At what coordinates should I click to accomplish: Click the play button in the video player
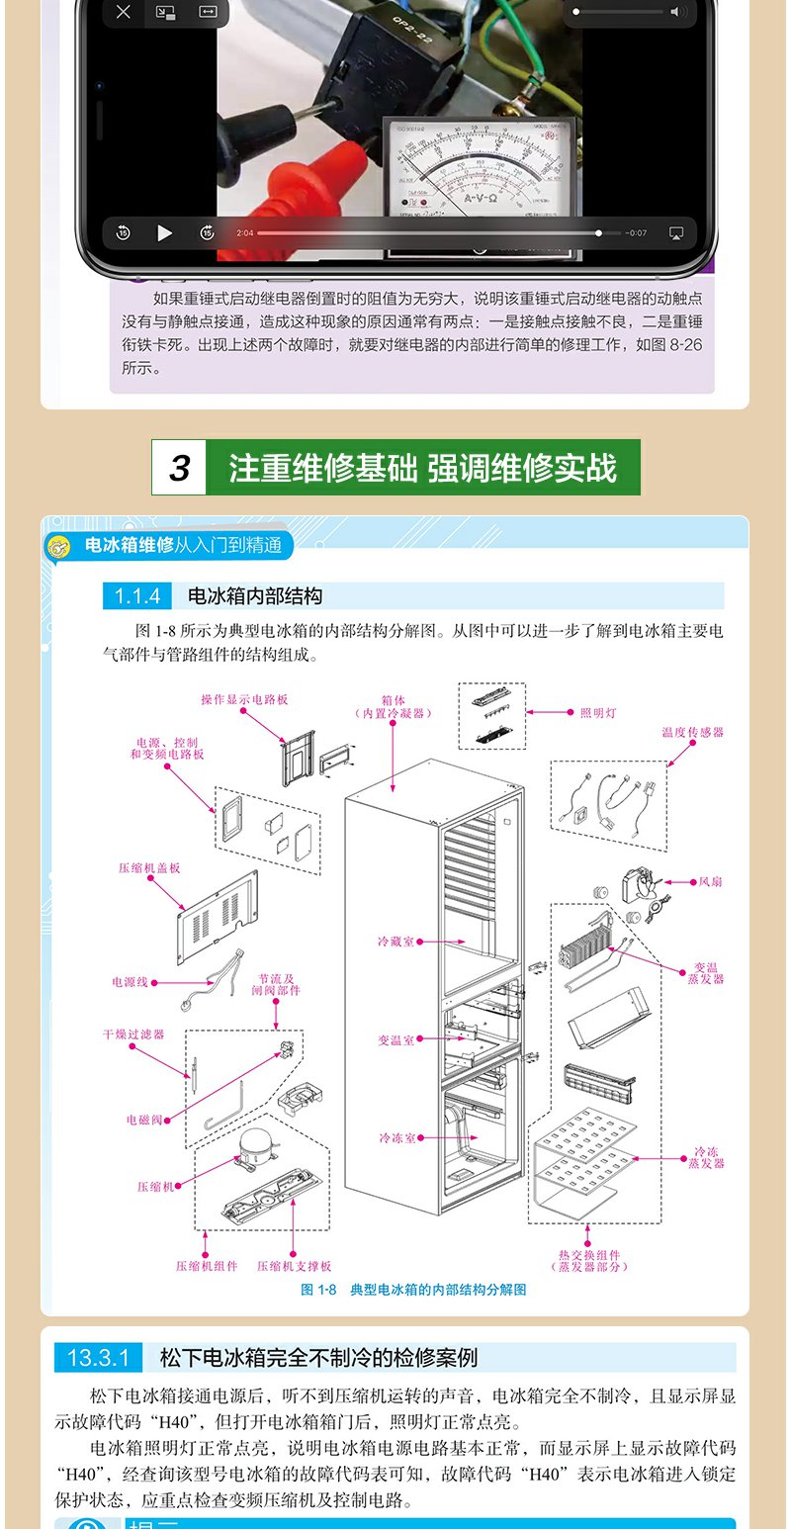(x=164, y=233)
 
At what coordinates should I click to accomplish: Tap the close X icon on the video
(x=123, y=12)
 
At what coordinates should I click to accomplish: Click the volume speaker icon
(x=677, y=12)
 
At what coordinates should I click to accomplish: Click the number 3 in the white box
(x=179, y=468)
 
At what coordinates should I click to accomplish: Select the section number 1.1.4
(x=137, y=596)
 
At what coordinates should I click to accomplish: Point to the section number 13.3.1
(x=99, y=1358)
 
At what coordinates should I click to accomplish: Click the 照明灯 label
(x=598, y=712)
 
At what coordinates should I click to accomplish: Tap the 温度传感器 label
(x=693, y=733)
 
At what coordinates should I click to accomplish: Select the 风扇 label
(x=711, y=881)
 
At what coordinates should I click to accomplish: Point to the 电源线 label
(x=130, y=982)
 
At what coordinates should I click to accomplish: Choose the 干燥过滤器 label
(x=133, y=1034)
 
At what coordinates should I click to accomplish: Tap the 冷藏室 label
(x=395, y=942)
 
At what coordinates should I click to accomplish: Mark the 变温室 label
(x=395, y=1040)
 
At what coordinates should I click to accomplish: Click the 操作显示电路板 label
(x=244, y=699)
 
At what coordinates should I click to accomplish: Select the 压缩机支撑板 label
(x=295, y=1265)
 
